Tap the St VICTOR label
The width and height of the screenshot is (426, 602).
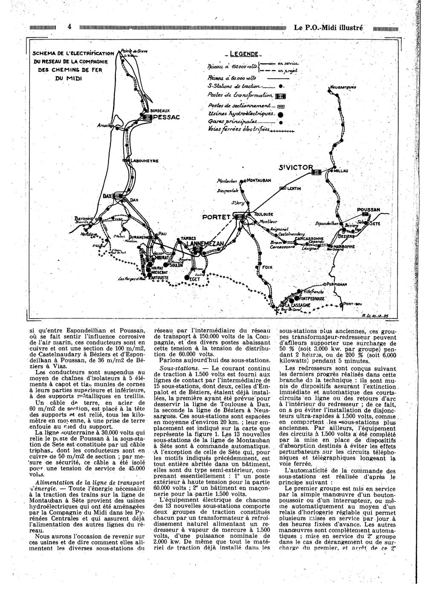pos(295,167)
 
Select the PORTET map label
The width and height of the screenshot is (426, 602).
pos(216,216)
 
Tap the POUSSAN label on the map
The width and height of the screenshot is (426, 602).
pos(368,209)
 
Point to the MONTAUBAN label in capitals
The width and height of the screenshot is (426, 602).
pos(259,181)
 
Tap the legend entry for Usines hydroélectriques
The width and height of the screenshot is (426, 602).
pos(242,114)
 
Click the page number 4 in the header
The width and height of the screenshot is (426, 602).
pos(69,27)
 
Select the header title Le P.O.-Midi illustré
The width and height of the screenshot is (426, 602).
pos(328,27)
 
